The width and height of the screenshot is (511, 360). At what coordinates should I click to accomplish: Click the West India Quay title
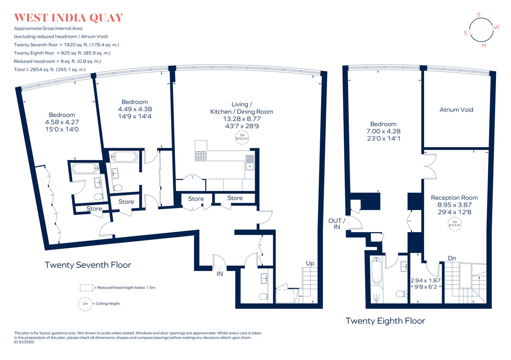[x=69, y=18]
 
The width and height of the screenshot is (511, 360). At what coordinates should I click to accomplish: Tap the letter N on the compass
[x=484, y=46]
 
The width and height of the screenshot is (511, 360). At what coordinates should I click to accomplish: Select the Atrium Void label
[x=456, y=110]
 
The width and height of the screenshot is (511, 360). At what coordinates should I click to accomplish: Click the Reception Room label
[x=454, y=198]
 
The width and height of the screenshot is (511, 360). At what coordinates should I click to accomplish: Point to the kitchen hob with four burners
[x=201, y=156]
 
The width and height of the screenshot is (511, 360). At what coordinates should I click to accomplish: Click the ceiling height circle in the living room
[x=242, y=138]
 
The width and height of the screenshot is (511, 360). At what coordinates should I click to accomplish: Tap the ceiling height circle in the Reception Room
[x=455, y=224]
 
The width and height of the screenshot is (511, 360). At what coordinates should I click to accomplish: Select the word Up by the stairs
[x=310, y=263]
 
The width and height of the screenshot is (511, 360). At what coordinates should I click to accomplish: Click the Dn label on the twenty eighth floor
[x=452, y=258]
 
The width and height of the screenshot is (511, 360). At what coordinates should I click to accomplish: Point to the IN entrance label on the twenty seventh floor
[x=220, y=274]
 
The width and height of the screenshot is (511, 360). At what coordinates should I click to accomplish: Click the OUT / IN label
[x=336, y=224]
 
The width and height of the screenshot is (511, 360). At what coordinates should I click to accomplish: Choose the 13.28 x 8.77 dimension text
[x=242, y=119]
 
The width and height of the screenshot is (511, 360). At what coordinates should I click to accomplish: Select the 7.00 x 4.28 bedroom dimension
[x=383, y=131]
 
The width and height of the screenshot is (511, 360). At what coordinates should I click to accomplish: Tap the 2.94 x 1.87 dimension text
[x=425, y=280]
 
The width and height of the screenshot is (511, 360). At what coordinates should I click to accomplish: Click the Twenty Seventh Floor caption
[x=88, y=265]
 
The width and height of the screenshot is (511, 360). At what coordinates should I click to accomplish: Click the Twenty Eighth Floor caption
[x=385, y=321]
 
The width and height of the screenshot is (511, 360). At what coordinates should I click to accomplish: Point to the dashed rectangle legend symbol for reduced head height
[x=86, y=288]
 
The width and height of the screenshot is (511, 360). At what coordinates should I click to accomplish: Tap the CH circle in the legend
[x=85, y=304]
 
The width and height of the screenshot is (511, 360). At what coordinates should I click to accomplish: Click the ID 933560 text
[x=24, y=342]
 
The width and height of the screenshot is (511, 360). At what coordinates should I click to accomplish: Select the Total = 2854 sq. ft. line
[x=50, y=69]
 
